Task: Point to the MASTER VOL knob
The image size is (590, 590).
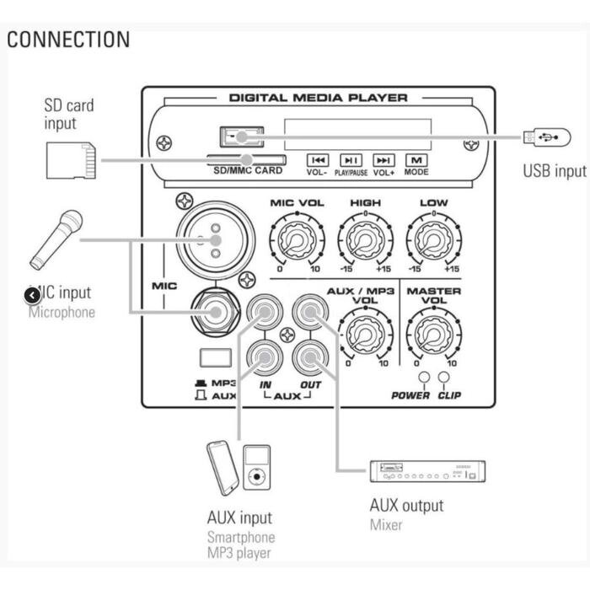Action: point(433,334)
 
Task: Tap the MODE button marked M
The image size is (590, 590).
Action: point(416,159)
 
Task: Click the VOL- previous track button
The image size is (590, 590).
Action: point(318,159)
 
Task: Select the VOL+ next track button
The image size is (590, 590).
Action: point(384,159)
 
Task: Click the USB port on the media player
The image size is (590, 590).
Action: point(241,135)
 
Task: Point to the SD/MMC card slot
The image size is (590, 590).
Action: point(246,159)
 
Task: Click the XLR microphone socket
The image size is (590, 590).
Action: point(215,240)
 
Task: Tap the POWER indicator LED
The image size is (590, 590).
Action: point(423,378)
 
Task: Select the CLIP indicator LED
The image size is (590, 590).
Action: point(444,378)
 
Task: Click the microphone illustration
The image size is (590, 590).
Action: point(56,239)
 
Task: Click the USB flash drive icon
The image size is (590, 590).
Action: point(541,136)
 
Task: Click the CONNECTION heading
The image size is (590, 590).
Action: point(69,40)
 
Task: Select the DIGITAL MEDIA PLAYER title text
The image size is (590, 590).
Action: point(318,98)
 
